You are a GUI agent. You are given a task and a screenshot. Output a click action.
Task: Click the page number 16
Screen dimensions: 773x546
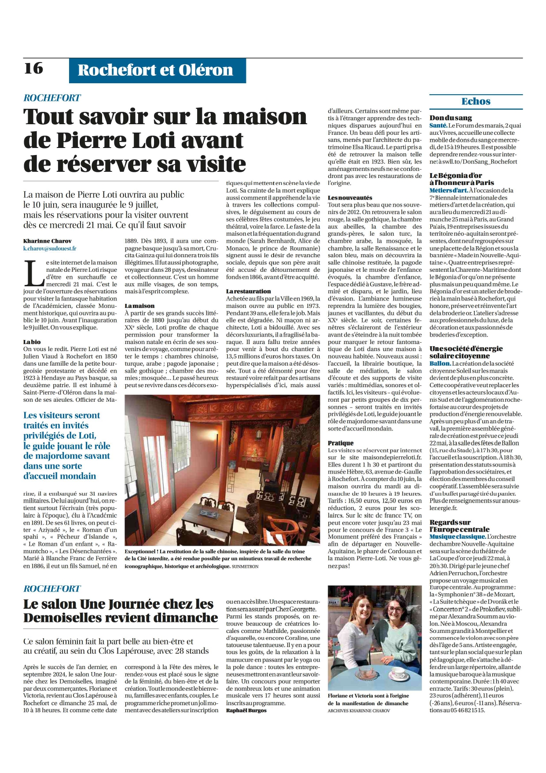coord(33,68)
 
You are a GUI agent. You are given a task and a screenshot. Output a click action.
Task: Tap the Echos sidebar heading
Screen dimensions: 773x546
coord(476,101)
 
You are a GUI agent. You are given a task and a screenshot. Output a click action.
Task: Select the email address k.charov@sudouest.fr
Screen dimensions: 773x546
coord(50,248)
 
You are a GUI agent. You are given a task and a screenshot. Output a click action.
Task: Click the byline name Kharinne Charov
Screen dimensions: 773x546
coord(48,241)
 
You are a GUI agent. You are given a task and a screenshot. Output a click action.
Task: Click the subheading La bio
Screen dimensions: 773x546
coord(32,342)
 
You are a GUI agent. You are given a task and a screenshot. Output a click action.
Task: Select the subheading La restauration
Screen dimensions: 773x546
coord(249,291)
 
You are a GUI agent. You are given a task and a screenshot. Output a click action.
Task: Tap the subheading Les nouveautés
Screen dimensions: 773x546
coord(350,198)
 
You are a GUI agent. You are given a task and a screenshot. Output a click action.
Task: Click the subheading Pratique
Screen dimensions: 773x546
coord(341,443)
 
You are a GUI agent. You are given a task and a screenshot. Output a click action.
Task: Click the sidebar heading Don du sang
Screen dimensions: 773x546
coord(451,118)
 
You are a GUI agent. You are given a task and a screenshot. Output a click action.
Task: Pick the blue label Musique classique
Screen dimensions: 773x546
coord(458,536)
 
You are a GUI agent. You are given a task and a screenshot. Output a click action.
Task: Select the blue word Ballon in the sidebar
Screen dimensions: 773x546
coord(440,363)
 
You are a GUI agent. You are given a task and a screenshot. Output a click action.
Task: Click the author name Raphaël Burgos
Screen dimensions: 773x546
coord(246,710)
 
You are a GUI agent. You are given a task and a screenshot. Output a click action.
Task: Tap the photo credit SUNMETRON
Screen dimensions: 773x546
coord(245,566)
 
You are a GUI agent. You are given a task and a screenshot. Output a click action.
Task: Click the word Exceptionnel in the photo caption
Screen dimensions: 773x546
coord(141,551)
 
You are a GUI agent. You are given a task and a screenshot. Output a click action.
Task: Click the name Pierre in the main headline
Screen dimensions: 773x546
coord(93,141)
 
